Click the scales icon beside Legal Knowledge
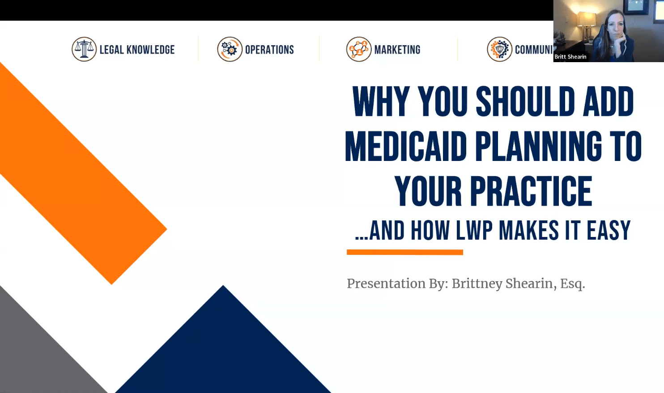[84, 49]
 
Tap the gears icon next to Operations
[230, 49]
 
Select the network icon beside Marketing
[359, 49]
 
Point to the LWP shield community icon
[499, 49]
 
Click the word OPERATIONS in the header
[269, 50]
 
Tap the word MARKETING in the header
[397, 50]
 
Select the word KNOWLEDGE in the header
[151, 50]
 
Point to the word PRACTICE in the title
[531, 191]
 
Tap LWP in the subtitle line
[474, 230]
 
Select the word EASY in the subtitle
[609, 230]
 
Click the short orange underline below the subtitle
[405, 252]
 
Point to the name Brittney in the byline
[477, 284]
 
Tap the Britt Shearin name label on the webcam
[570, 57]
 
